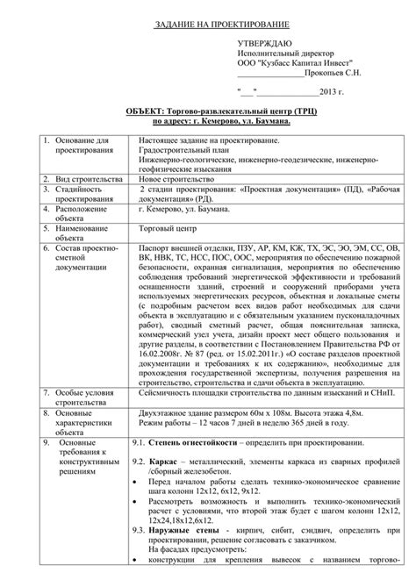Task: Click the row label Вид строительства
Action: click(86, 176)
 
